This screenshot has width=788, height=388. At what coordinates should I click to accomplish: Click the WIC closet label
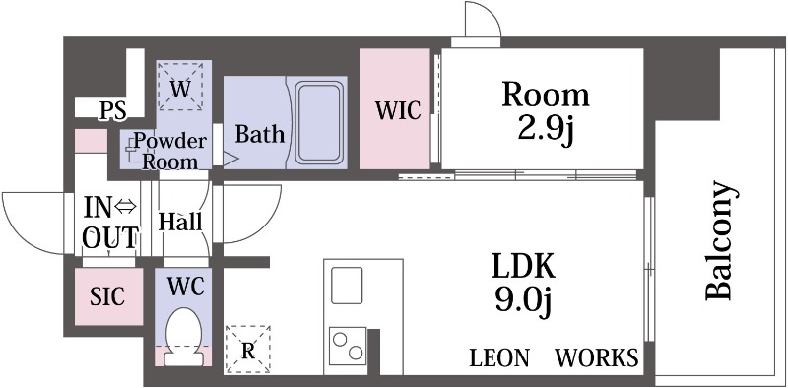click(x=398, y=110)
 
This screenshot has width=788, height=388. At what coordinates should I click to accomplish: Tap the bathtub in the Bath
click(x=319, y=123)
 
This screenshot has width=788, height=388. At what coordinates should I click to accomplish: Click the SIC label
click(x=107, y=296)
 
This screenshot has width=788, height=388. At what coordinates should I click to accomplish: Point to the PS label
click(x=112, y=111)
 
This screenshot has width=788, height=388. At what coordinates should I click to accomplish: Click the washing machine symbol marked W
click(x=181, y=86)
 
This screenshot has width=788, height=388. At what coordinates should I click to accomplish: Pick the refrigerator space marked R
click(x=248, y=350)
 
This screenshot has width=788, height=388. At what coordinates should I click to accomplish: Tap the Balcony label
click(x=722, y=240)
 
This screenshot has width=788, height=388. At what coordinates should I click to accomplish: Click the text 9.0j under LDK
click(x=523, y=299)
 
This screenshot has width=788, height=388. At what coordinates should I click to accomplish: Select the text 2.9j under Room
click(x=546, y=129)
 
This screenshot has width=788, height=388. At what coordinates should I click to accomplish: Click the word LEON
click(x=499, y=358)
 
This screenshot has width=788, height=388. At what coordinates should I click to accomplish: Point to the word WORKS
click(x=597, y=357)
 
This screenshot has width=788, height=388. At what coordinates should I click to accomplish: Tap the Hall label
click(x=180, y=222)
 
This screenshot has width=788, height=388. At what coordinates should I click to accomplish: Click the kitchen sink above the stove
click(x=347, y=285)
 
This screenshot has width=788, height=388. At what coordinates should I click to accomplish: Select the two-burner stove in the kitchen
click(x=348, y=346)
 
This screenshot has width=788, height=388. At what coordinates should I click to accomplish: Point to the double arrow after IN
click(x=126, y=207)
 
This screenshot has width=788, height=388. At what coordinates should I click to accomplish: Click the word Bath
click(x=260, y=134)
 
